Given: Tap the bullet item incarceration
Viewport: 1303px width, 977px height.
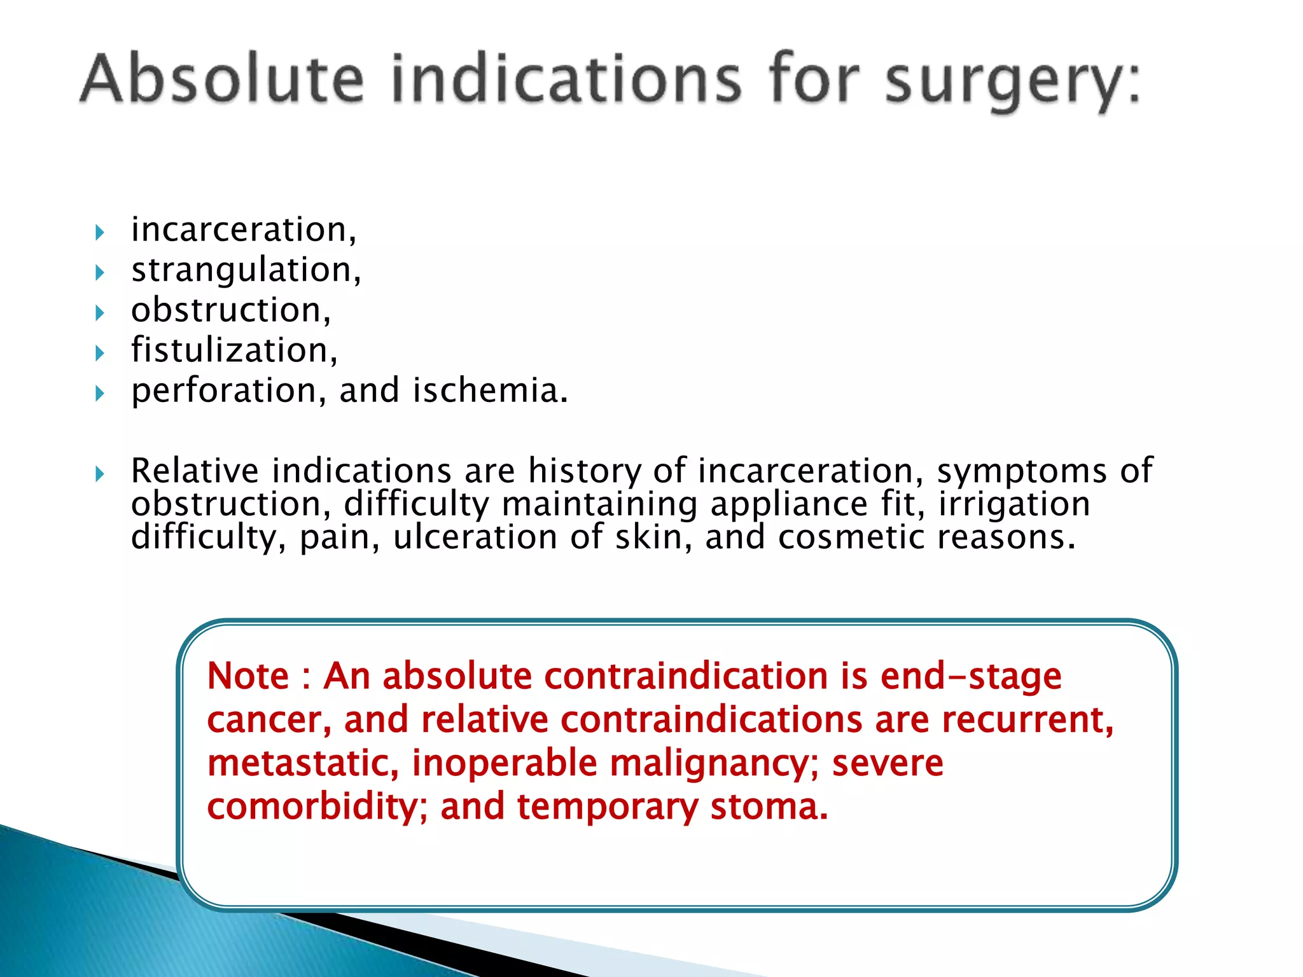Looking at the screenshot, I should click(242, 230).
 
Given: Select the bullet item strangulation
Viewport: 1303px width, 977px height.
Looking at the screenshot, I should click(245, 270).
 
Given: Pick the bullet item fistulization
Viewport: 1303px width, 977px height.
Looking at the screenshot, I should click(233, 350).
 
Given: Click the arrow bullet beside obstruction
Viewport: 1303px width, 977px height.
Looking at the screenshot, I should click(99, 313).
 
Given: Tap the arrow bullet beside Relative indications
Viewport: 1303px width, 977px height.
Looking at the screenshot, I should click(99, 473).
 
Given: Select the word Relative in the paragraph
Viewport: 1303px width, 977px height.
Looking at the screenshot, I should click(195, 471).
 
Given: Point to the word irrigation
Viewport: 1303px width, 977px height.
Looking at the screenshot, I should click(1014, 504).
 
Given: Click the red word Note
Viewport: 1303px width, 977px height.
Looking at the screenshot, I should click(247, 676).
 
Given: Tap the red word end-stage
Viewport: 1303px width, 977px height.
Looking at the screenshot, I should click(971, 677).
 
